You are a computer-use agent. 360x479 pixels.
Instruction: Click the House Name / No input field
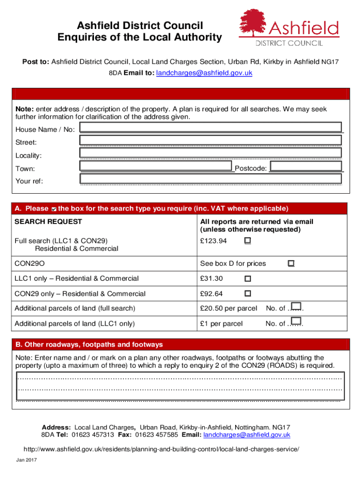(x=210, y=127)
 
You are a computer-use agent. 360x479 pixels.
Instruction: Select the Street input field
(x=210, y=140)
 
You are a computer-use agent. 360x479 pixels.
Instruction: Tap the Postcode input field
(x=306, y=167)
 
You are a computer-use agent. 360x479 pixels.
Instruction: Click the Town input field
(x=156, y=166)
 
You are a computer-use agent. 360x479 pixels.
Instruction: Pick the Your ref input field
(x=210, y=179)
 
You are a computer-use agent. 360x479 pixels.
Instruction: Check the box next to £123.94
(x=247, y=240)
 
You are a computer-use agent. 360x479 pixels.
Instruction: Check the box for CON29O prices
(x=291, y=263)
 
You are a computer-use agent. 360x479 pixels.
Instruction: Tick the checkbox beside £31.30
(x=247, y=278)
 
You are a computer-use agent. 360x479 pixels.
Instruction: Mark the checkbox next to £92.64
(x=247, y=293)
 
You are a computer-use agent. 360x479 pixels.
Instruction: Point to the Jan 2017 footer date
(x=27, y=460)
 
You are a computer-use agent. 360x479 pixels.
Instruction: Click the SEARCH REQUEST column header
(x=48, y=222)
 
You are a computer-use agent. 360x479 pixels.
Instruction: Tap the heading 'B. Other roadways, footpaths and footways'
(x=89, y=345)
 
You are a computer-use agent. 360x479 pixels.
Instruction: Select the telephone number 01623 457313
(x=93, y=435)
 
